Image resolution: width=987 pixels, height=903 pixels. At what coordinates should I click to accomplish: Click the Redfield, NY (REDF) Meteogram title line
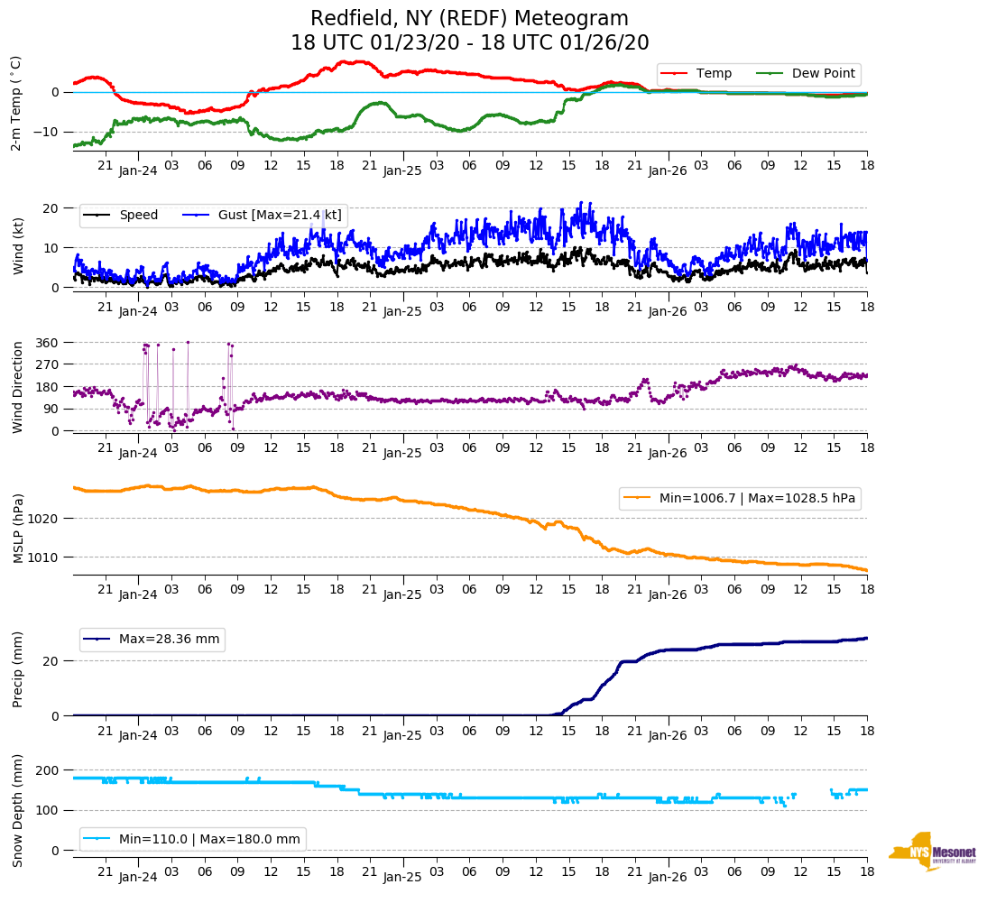tap(469, 19)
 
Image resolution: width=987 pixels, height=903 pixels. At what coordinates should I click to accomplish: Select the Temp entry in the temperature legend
tap(714, 73)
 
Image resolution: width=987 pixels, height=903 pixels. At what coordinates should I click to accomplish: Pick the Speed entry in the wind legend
tap(138, 215)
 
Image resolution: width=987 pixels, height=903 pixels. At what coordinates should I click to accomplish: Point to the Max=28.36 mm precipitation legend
tap(169, 639)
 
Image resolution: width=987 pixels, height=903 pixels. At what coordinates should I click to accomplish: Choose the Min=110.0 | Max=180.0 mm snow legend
tap(209, 839)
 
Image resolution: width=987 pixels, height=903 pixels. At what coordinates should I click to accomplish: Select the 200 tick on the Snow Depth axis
tap(48, 770)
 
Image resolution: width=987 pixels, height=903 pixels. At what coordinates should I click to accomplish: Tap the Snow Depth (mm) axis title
tap(19, 809)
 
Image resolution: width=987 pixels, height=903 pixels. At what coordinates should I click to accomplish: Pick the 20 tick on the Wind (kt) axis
tap(51, 208)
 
